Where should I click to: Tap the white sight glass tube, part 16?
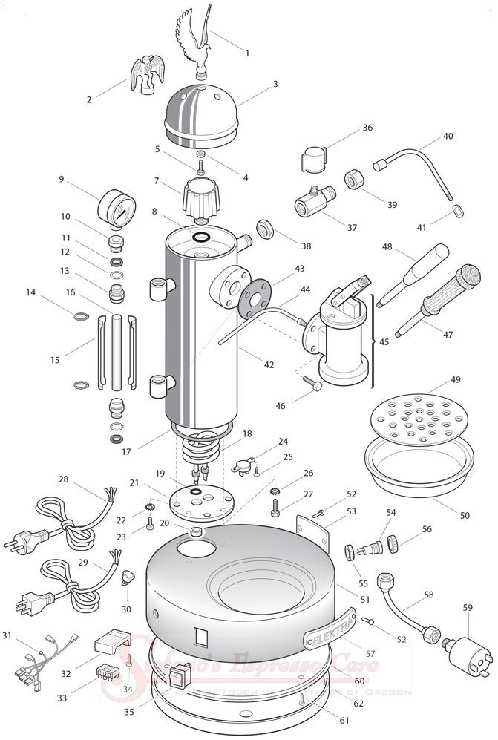pos(116,353)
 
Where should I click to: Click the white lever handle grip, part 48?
pos(425,266)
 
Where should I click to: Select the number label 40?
pos(448,137)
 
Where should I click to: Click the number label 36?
pos(367,128)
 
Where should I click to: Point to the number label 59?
pos(468,607)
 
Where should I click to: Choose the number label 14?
pos(30,293)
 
